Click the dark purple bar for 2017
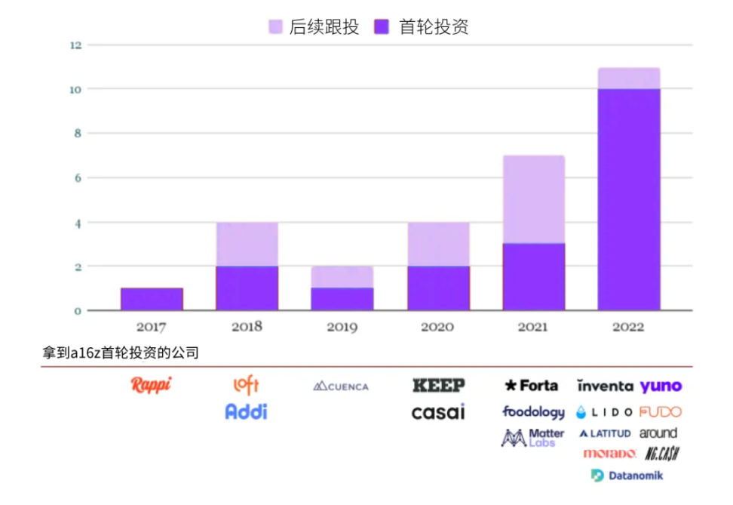(152, 299)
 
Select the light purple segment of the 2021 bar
(534, 199)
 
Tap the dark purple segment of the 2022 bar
(629, 199)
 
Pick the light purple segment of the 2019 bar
(342, 277)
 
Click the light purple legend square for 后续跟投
(275, 27)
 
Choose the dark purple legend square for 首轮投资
(382, 27)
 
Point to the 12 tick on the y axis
(75, 45)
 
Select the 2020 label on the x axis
(437, 328)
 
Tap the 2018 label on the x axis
(247, 328)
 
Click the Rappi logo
(151, 385)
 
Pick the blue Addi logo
(246, 411)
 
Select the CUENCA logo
(341, 386)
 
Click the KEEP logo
(438, 385)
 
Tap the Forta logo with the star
(532, 386)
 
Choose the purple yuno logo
(661, 386)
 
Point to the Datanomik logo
(627, 476)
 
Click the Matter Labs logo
(533, 438)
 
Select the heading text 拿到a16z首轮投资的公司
(121, 353)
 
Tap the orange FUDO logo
(660, 412)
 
